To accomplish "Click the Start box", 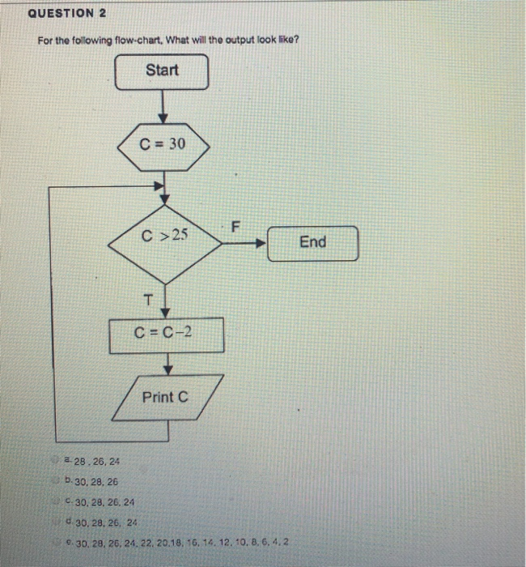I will [x=162, y=70].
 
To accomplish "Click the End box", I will [x=312, y=242].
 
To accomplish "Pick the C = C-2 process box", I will [x=167, y=335].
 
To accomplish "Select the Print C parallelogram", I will [x=165, y=397].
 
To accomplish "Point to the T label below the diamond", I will [x=147, y=301].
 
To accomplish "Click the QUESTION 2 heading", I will [x=67, y=14].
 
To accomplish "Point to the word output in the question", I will [x=226, y=41].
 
